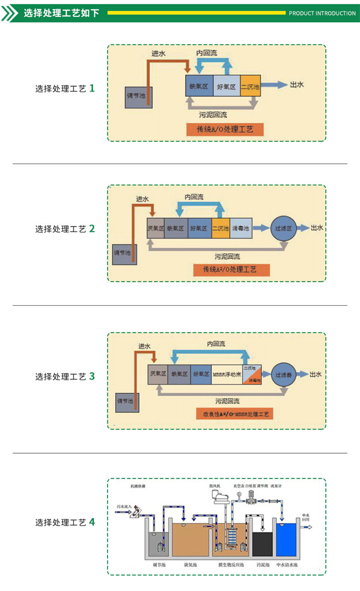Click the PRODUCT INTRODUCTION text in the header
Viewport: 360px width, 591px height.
coord(322,13)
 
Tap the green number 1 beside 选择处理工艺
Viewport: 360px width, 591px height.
coord(92,88)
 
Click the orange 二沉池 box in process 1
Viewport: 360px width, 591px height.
coord(250,87)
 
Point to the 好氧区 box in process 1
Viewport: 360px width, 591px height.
coord(226,87)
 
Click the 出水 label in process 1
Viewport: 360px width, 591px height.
coord(297,85)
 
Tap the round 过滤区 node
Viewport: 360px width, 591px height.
coord(283,229)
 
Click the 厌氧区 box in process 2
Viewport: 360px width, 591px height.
coord(156,229)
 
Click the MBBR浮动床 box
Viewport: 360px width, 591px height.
coord(227,374)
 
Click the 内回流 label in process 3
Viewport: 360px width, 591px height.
coord(216,344)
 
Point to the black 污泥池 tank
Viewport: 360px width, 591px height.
coord(263,543)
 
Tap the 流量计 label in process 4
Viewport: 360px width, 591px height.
coord(276,485)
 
